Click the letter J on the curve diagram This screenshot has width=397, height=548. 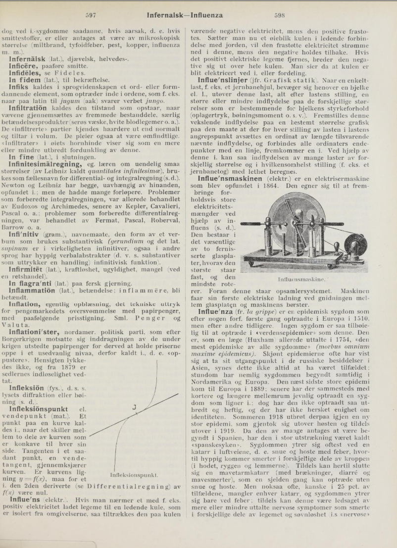(134, 407)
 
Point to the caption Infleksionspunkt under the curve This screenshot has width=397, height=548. (134, 475)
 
